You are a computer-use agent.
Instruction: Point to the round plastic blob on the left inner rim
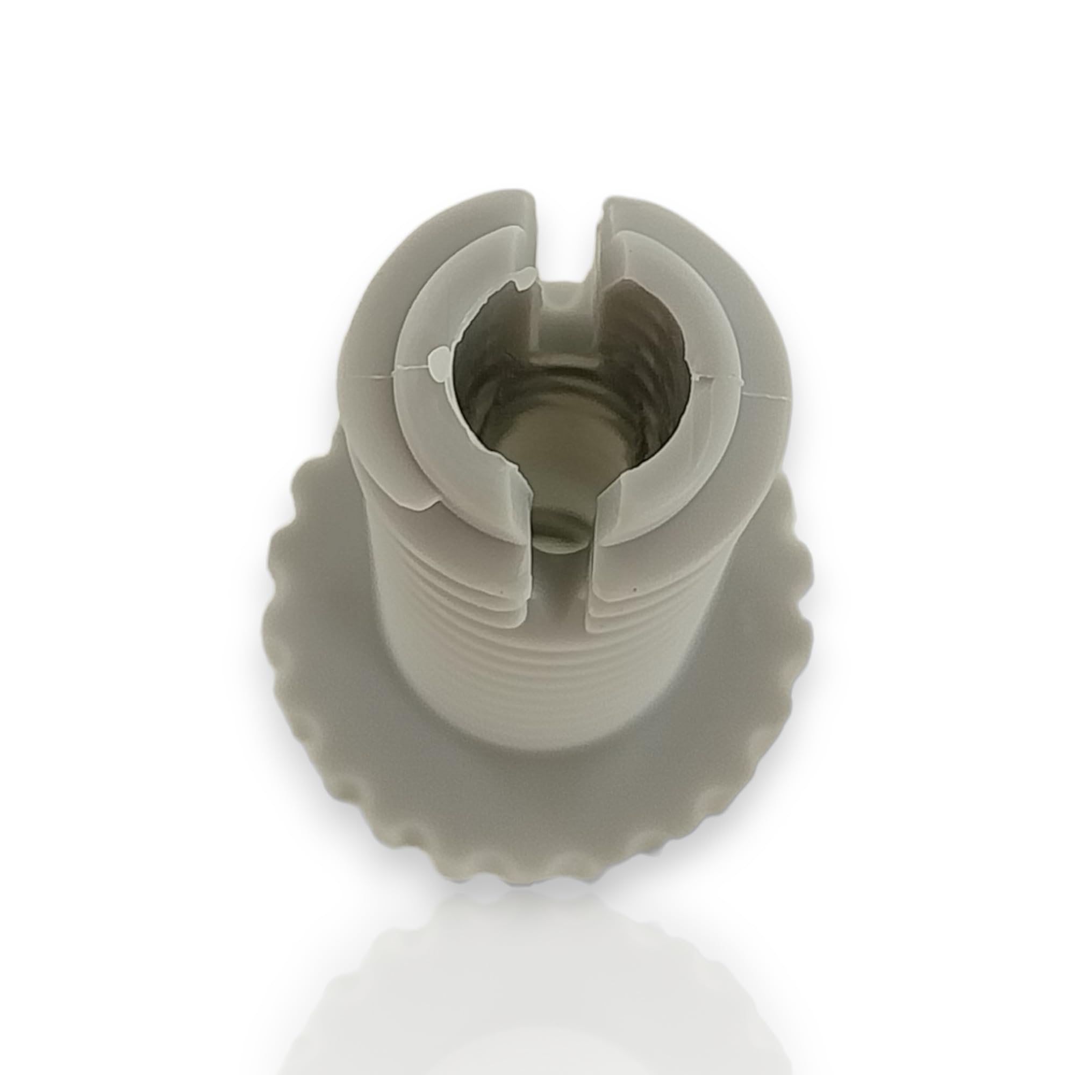(439, 356)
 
